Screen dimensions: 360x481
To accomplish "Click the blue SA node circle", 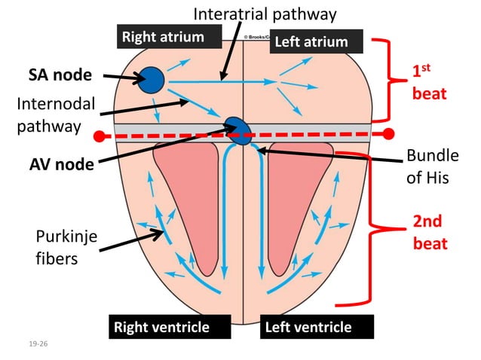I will click(151, 79).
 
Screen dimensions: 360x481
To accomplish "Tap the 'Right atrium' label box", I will click(169, 35).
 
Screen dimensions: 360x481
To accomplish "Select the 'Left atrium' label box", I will click(317, 41).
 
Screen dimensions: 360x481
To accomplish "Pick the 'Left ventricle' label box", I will click(317, 327).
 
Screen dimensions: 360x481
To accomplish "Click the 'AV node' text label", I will click(55, 164).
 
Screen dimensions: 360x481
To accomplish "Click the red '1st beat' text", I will click(428, 83).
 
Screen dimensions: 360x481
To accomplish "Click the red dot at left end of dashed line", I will click(98, 136).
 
